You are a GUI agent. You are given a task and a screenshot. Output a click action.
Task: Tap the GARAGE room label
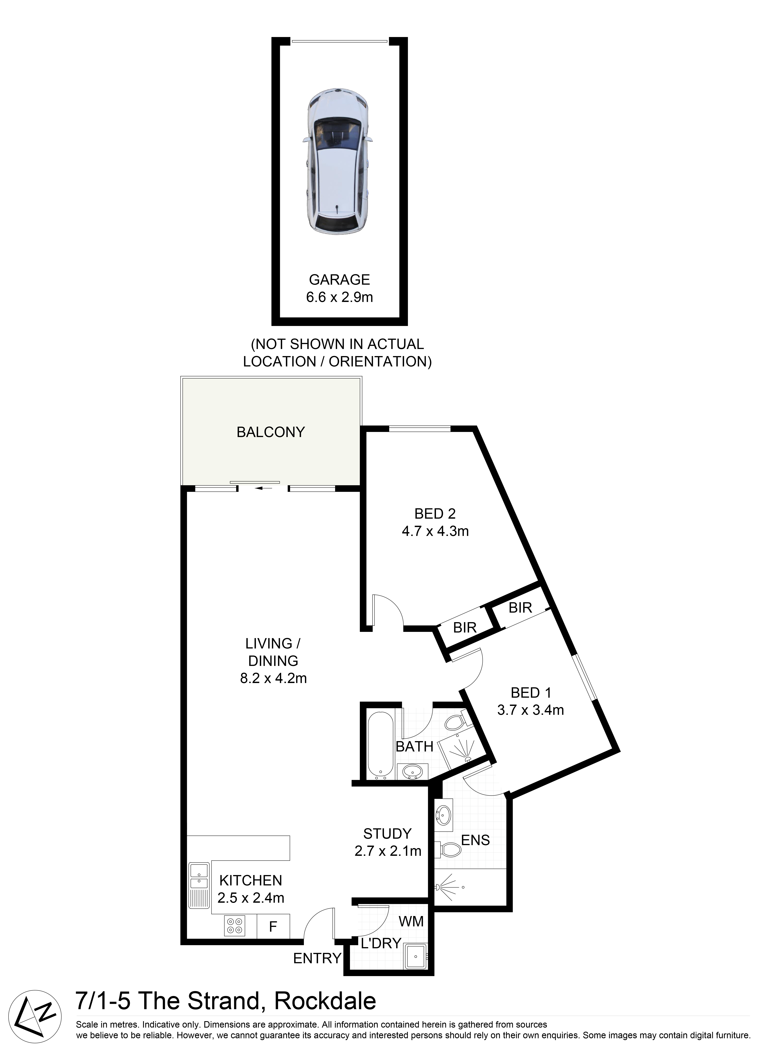point(339,280)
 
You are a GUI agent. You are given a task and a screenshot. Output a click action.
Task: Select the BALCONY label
point(271,432)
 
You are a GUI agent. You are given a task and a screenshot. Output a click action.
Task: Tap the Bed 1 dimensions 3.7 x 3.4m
point(531,710)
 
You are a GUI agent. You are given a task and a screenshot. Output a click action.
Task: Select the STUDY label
point(388,834)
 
